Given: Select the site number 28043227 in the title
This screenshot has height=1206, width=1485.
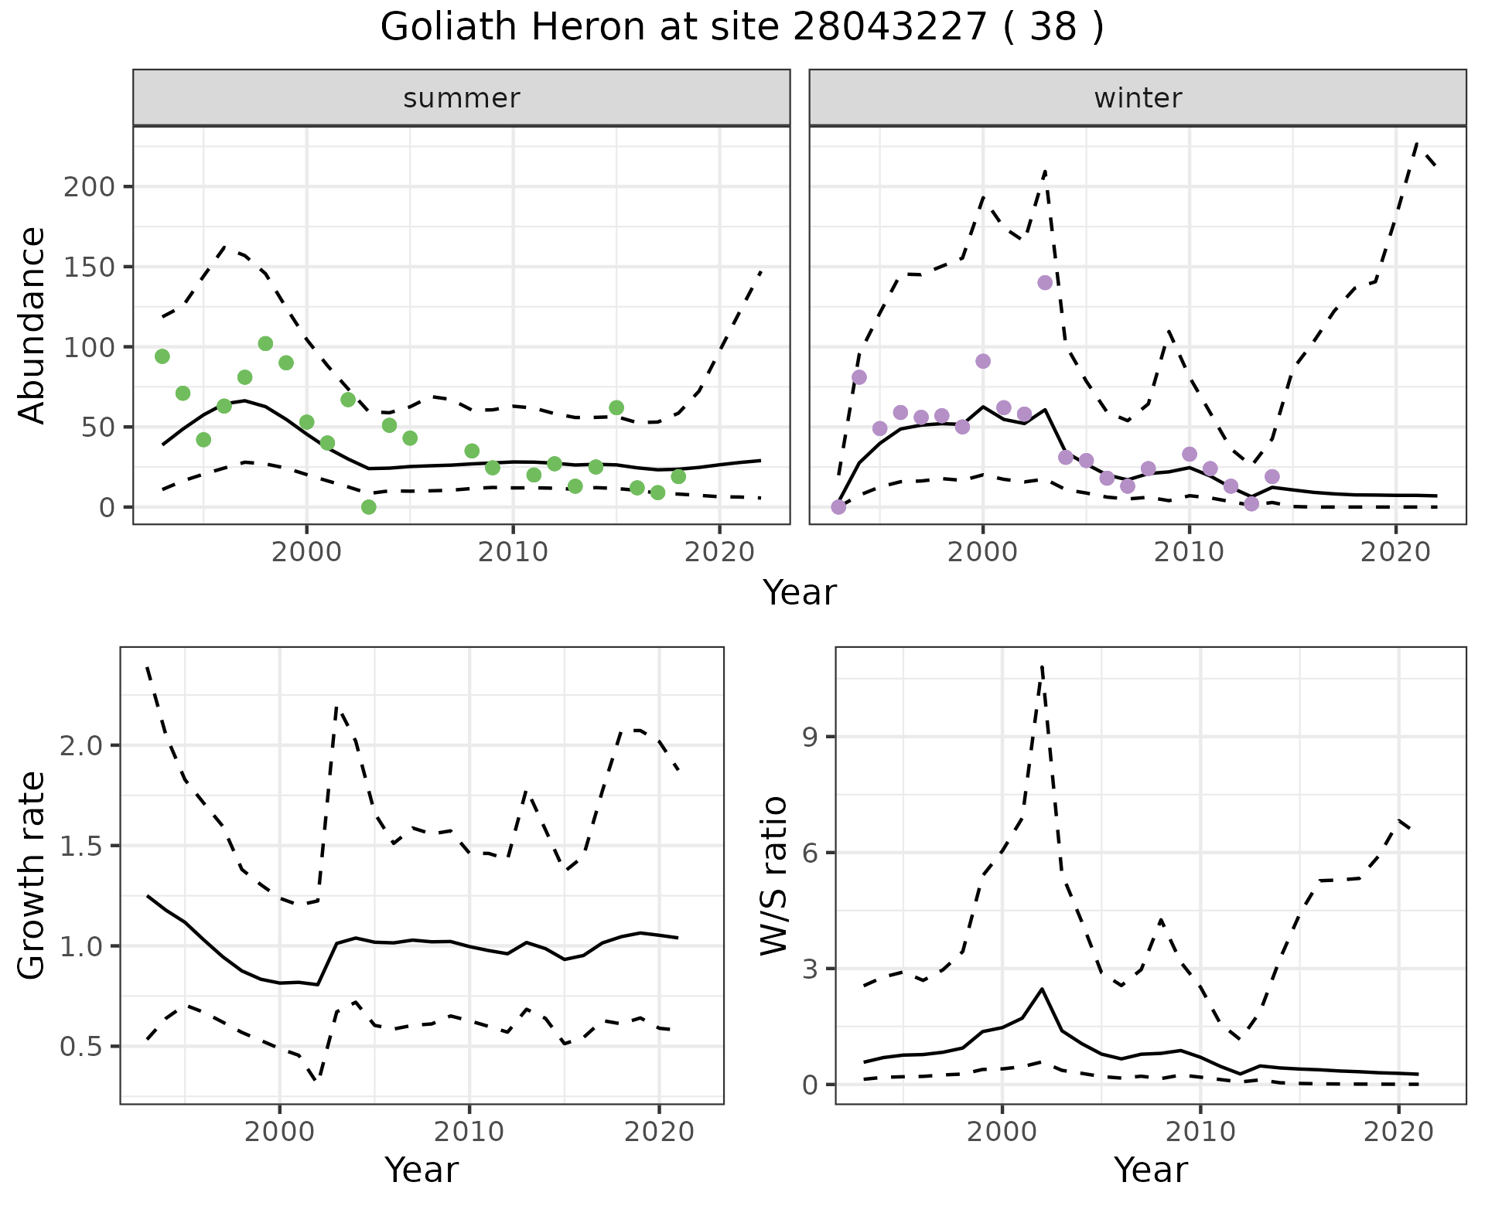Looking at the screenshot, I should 890,28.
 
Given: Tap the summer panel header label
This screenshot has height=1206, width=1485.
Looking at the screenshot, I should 462,98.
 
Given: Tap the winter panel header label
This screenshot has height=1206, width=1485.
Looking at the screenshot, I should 1138,98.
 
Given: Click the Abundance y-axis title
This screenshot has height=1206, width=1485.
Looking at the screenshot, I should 32,325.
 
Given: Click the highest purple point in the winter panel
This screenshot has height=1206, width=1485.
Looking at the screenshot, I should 1045,283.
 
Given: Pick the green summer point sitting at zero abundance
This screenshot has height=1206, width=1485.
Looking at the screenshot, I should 369,507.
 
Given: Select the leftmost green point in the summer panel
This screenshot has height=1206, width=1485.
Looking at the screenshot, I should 162,356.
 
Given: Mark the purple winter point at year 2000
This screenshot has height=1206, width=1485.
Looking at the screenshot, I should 983,361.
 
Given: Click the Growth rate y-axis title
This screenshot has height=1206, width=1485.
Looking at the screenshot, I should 32,876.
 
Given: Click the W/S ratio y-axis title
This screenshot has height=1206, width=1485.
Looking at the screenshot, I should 773,876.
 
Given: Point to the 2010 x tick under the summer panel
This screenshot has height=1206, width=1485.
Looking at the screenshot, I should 514,552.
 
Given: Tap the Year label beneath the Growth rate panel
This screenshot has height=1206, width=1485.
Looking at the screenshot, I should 422,1170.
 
